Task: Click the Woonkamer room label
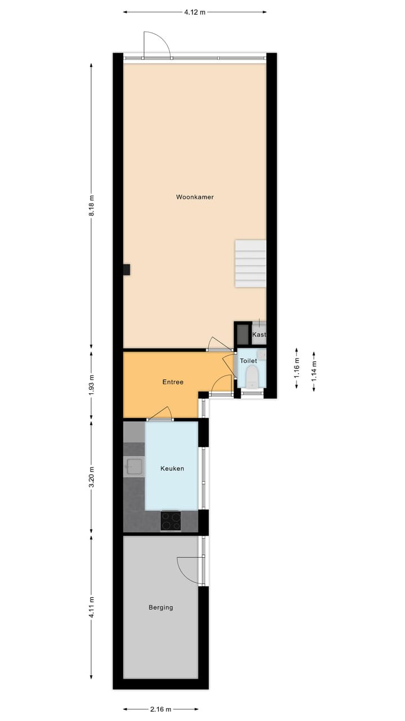pyautogui.click(x=195, y=197)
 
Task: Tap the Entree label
pyautogui.click(x=173, y=382)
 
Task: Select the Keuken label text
pyautogui.click(x=172, y=469)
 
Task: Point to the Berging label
pyautogui.click(x=161, y=607)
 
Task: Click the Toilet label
pyautogui.click(x=249, y=360)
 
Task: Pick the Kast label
pyautogui.click(x=259, y=335)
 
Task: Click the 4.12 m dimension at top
pyautogui.click(x=195, y=12)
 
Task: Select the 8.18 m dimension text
pyautogui.click(x=92, y=206)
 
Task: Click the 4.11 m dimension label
pyautogui.click(x=92, y=608)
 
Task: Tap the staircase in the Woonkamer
pyautogui.click(x=250, y=263)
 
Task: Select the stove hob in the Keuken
pyautogui.click(x=171, y=520)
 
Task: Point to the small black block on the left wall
pyautogui.click(x=127, y=270)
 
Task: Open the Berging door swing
pyautogui.click(x=188, y=569)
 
